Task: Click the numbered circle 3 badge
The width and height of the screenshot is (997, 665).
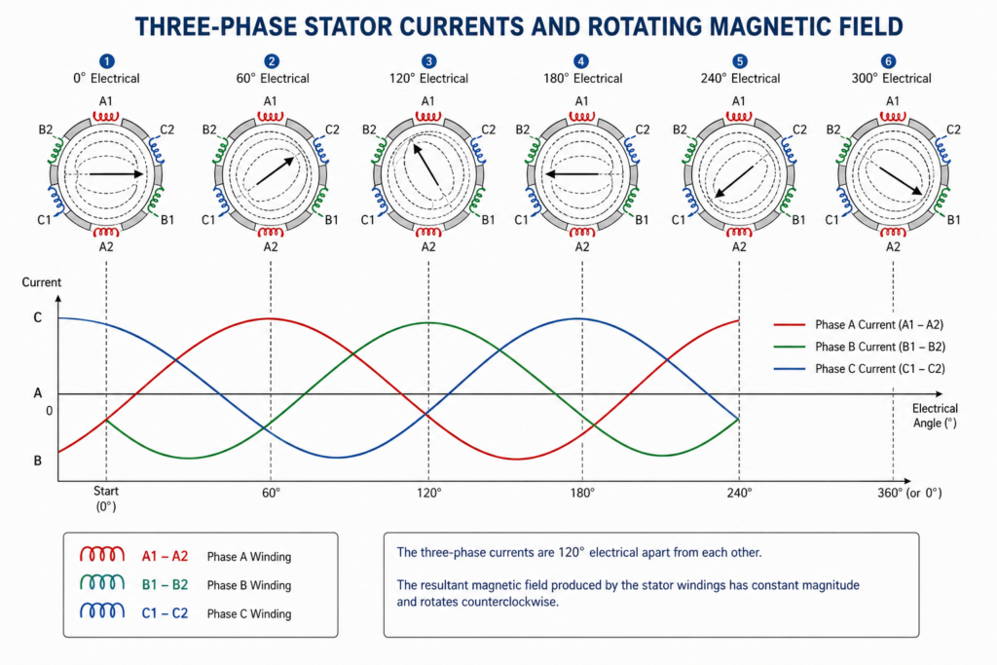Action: tap(428, 61)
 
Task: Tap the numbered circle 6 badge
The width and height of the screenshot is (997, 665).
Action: tap(888, 61)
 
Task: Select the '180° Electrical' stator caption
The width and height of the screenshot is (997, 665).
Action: tap(582, 78)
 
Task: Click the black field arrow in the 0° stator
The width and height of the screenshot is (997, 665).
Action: tap(117, 173)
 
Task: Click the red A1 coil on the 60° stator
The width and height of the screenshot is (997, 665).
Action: tap(271, 117)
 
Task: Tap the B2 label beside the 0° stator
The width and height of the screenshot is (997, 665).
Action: tap(45, 129)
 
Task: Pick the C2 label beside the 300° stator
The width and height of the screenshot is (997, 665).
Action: tap(953, 129)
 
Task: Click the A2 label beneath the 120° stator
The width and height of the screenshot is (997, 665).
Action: tap(428, 246)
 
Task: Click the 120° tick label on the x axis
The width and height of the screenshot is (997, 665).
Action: tap(429, 493)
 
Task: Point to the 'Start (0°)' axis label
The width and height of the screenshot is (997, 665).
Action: tap(106, 499)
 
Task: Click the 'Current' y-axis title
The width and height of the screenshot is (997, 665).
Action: tap(41, 282)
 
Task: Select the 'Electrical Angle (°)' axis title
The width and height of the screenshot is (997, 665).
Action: tap(935, 416)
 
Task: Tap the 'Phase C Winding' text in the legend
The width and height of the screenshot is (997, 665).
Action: tap(249, 613)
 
